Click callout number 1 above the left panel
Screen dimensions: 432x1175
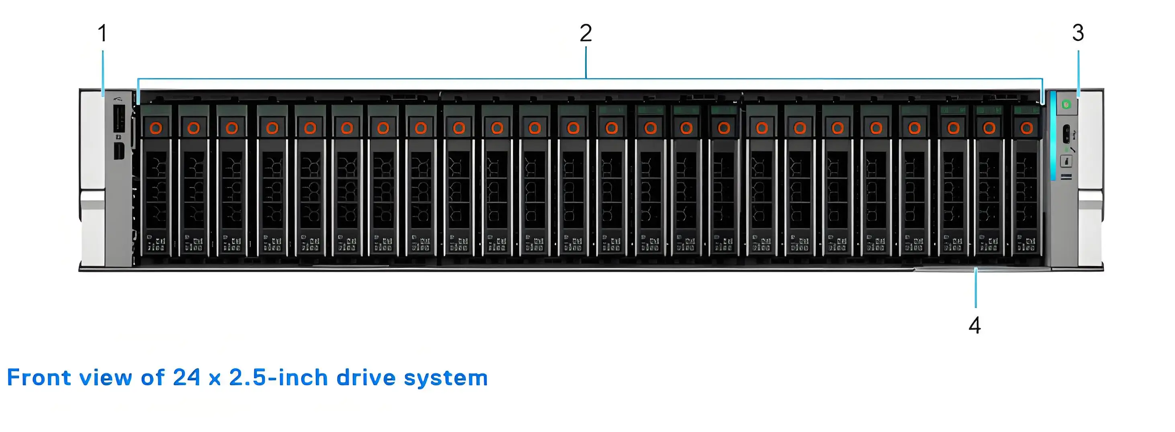[x=102, y=33]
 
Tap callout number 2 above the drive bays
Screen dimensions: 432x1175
[x=585, y=33]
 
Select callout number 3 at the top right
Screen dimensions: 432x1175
[x=1078, y=33]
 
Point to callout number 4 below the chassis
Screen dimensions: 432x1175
[x=975, y=325]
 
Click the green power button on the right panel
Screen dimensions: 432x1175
[x=1067, y=105]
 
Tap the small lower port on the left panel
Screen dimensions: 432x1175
[x=119, y=151]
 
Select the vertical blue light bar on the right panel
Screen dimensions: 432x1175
[x=1053, y=141]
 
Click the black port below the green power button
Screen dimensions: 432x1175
[x=1067, y=134]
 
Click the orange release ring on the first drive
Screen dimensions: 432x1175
[x=156, y=128]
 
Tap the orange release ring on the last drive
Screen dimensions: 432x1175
[x=1027, y=128]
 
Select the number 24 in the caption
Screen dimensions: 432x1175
[x=186, y=378]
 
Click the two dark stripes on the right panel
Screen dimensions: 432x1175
[x=1067, y=176]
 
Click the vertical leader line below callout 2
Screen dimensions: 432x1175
[x=585, y=64]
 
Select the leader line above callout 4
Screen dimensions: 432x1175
[x=976, y=288]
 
